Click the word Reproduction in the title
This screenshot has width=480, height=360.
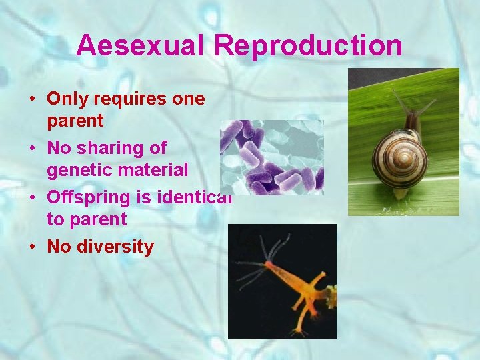coord(308,45)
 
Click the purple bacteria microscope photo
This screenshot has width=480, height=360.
coord(272,157)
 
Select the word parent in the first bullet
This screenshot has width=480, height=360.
coord(75,121)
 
